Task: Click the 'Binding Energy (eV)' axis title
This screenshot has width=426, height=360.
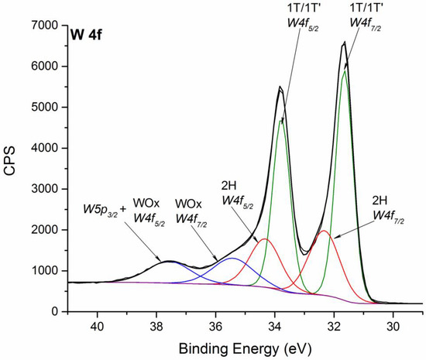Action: [246, 348]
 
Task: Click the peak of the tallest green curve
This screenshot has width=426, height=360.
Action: [344, 71]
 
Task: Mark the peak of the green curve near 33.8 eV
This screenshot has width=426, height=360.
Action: [281, 120]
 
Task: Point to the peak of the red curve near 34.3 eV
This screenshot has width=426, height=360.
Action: [265, 239]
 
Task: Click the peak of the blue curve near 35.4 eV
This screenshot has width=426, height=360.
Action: [233, 259]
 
